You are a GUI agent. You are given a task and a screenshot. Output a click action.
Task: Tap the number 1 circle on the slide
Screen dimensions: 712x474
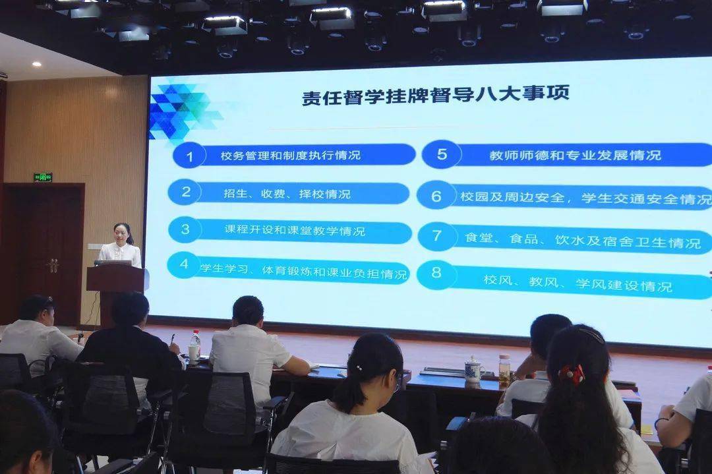pyautogui.click(x=189, y=156)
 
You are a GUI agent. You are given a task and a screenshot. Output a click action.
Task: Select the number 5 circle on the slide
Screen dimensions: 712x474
pyautogui.click(x=441, y=154)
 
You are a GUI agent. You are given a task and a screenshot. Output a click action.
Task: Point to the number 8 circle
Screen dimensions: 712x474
pyautogui.click(x=436, y=274)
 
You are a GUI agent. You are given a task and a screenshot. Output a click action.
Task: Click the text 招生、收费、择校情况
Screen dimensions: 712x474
pyautogui.click(x=287, y=194)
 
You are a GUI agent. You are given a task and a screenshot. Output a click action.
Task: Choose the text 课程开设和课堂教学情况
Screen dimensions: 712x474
pyautogui.click(x=295, y=230)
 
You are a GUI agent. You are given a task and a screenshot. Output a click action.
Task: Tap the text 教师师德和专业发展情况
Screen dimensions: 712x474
pyautogui.click(x=576, y=156)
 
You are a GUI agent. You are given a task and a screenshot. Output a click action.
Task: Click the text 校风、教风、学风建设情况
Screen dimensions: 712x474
pyautogui.click(x=578, y=283)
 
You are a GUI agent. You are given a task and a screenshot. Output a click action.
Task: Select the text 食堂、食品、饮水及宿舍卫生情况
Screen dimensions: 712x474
pyautogui.click(x=583, y=240)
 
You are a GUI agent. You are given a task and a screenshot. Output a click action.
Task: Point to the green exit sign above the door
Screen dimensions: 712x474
pyautogui.click(x=43, y=177)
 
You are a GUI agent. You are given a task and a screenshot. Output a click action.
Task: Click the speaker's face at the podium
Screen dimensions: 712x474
pyautogui.click(x=122, y=233)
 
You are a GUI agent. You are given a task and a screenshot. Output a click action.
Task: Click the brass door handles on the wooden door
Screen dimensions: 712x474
pyautogui.click(x=53, y=265)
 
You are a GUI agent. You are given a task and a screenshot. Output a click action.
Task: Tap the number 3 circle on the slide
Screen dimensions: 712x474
pyautogui.click(x=185, y=229)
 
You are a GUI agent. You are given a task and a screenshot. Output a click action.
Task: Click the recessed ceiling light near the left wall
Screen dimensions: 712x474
pyautogui.click(x=36, y=65)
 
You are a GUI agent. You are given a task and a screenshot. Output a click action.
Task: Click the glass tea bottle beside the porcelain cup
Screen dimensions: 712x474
pyautogui.click(x=504, y=370)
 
